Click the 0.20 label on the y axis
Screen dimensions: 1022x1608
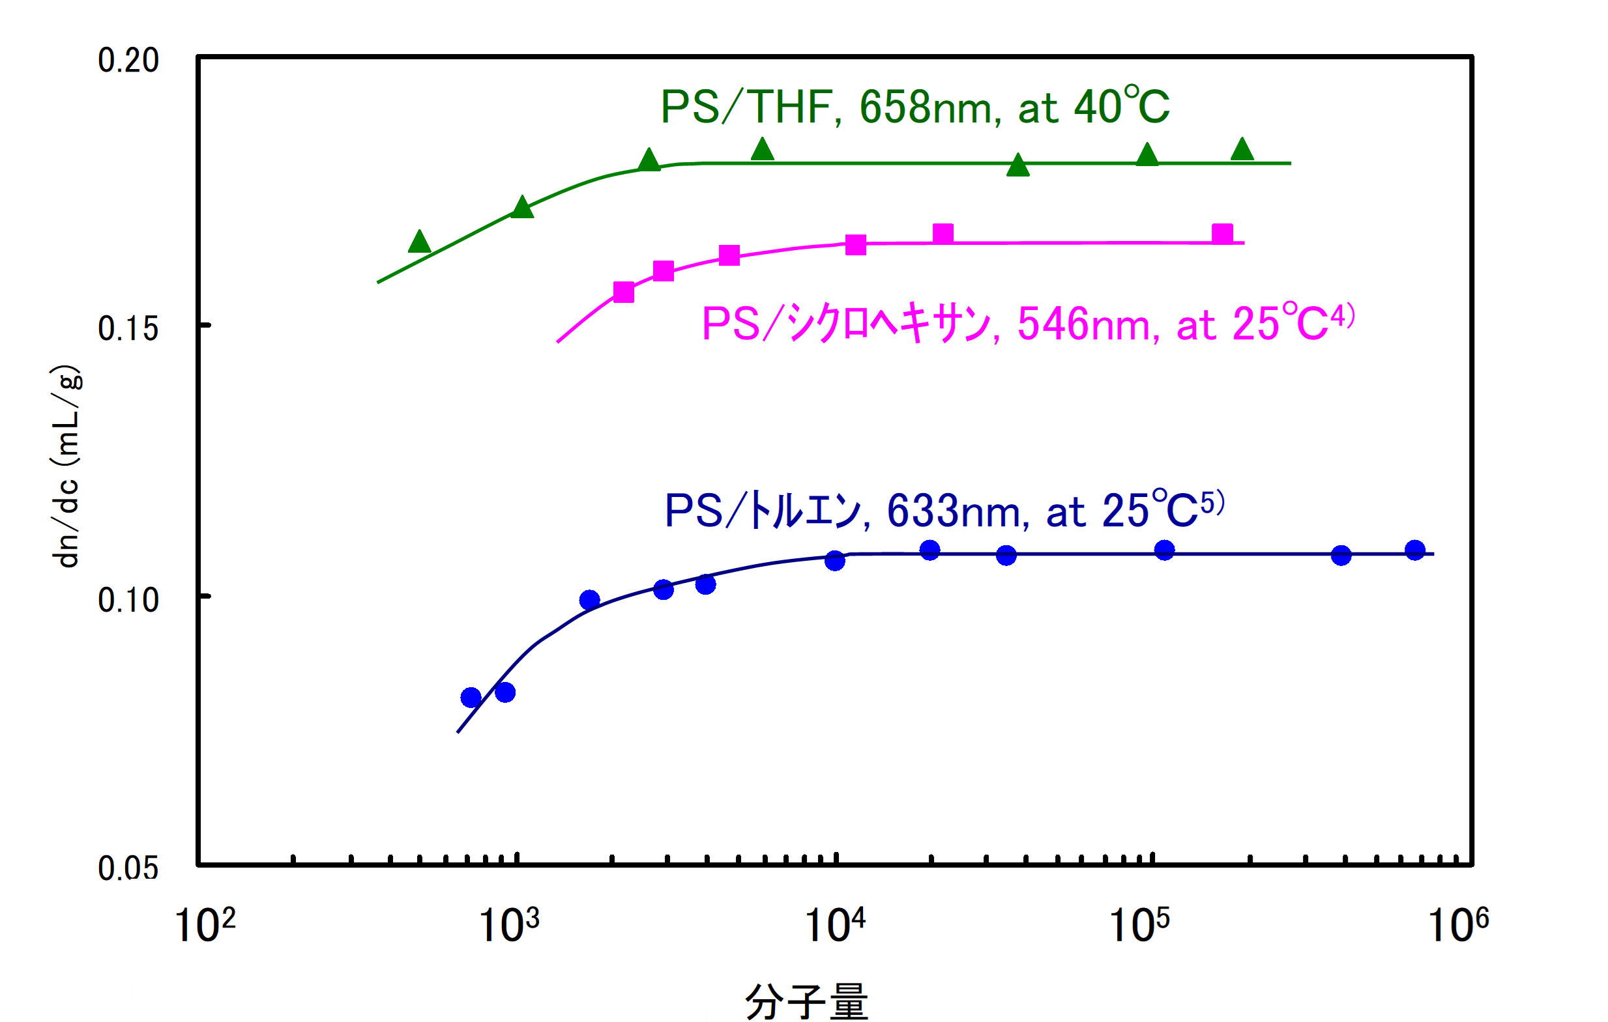pyautogui.click(x=128, y=61)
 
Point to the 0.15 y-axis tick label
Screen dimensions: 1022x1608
pyautogui.click(x=128, y=329)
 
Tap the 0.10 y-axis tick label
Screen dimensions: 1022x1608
pyautogui.click(x=128, y=600)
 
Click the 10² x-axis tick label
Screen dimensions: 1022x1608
pyautogui.click(x=204, y=925)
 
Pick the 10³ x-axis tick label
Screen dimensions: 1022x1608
pyautogui.click(x=509, y=925)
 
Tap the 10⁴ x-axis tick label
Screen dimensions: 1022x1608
pyautogui.click(x=834, y=925)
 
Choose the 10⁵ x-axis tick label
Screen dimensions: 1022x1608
pyautogui.click(x=1139, y=925)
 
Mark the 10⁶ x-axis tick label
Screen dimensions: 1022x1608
pyautogui.click(x=1457, y=925)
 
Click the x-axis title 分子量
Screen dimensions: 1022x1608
pyautogui.click(x=806, y=1001)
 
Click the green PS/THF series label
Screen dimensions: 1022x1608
pyautogui.click(x=915, y=107)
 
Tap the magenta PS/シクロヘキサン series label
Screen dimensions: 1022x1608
pyautogui.click(x=1029, y=324)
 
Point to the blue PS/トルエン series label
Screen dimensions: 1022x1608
pyautogui.click(x=944, y=511)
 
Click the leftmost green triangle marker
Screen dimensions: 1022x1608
pyautogui.click(x=419, y=242)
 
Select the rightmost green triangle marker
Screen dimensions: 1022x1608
pyautogui.click(x=1242, y=150)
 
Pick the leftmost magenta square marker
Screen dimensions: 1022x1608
pyautogui.click(x=624, y=292)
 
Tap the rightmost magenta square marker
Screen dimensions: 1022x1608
pyautogui.click(x=1222, y=234)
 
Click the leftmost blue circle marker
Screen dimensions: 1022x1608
pyautogui.click(x=471, y=698)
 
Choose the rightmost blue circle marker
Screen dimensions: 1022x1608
pyautogui.click(x=1415, y=550)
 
